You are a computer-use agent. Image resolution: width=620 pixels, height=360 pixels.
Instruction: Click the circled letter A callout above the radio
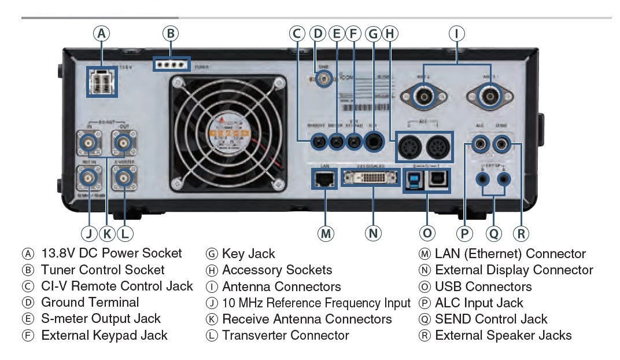102,34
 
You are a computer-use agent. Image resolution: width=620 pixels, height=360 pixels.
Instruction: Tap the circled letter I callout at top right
457,34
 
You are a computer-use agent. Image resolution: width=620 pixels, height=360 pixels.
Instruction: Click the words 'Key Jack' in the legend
249,254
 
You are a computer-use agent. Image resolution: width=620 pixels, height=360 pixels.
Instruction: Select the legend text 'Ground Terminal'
90,302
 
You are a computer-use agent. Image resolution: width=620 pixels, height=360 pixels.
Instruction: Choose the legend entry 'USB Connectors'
483,286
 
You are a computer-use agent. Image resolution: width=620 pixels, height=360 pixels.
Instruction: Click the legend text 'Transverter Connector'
285,335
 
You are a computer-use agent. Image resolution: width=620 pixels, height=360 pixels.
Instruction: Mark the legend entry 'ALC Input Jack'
479,303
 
